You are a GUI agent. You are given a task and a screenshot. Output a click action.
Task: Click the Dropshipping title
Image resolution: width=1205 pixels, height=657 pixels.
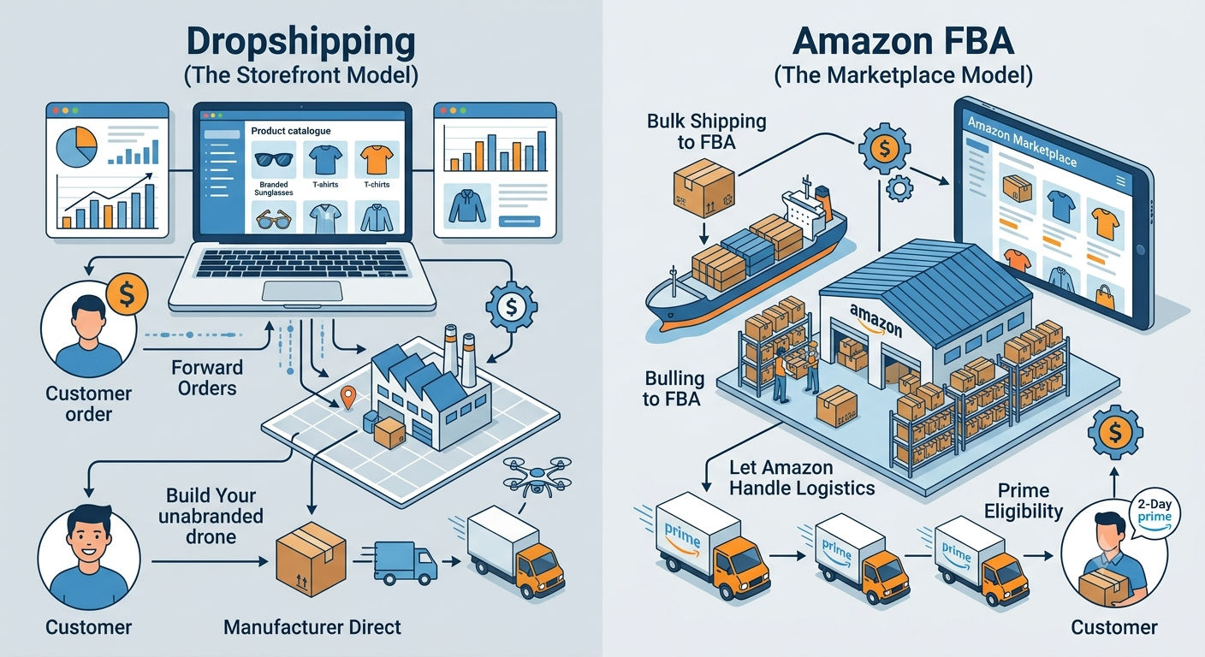[300, 42]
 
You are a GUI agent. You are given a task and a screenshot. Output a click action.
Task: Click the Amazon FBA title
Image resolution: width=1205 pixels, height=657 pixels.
[903, 41]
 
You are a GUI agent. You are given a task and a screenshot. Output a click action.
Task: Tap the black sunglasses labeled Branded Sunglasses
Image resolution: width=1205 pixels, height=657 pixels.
[273, 159]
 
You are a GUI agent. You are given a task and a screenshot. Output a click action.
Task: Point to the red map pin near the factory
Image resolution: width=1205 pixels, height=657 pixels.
[348, 398]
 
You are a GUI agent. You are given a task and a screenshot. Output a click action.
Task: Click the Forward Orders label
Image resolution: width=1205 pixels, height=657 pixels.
[207, 378]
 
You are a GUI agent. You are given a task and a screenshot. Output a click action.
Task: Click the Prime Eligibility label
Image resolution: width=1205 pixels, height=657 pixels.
[1024, 500]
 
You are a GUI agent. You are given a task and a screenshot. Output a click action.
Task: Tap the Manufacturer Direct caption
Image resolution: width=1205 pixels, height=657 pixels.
[312, 627]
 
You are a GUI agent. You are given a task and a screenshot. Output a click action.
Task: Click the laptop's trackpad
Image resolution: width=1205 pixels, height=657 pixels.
[302, 291]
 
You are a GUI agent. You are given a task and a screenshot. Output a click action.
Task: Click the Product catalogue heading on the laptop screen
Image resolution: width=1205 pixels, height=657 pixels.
[291, 131]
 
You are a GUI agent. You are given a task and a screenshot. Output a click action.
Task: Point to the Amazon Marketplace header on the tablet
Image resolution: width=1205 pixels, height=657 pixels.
[1022, 141]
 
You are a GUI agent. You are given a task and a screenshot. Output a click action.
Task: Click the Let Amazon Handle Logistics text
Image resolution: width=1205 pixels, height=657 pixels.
[802, 477]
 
